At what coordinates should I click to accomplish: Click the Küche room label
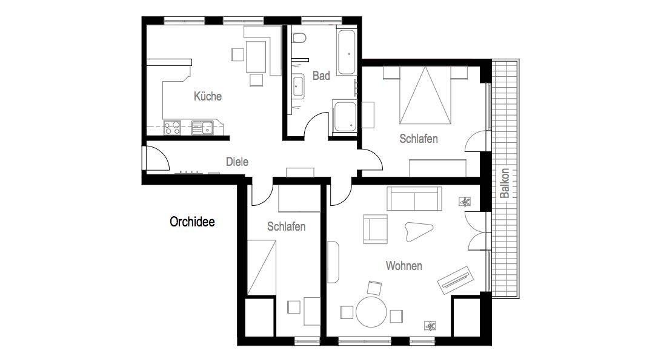pyautogui.click(x=207, y=96)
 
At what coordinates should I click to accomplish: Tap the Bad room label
pyautogui.click(x=321, y=76)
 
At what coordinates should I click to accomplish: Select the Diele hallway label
pyautogui.click(x=237, y=162)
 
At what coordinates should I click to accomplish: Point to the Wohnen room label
pyautogui.click(x=404, y=266)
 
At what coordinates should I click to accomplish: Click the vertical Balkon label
pyautogui.click(x=504, y=183)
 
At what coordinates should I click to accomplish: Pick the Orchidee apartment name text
pyautogui.click(x=192, y=222)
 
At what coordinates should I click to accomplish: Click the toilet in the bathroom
pyautogui.click(x=299, y=38)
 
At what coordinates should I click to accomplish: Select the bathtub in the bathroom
pyautogui.click(x=347, y=52)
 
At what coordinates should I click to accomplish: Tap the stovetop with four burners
pyautogui.click(x=172, y=128)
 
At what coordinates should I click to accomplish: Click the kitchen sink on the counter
pyautogui.click(x=203, y=128)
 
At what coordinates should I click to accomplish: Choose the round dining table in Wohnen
pyautogui.click(x=371, y=312)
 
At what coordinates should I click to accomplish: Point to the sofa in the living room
pyautogui.click(x=414, y=199)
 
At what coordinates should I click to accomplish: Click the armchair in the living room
pyautogui.click(x=375, y=229)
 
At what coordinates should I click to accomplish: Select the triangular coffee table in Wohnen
pyautogui.click(x=418, y=231)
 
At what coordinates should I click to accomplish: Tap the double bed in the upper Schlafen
pyautogui.click(x=425, y=96)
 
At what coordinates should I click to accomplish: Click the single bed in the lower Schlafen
pyautogui.click(x=261, y=268)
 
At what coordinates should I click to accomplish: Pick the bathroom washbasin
pyautogui.click(x=298, y=86)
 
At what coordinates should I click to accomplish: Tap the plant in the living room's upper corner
pyautogui.click(x=465, y=202)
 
